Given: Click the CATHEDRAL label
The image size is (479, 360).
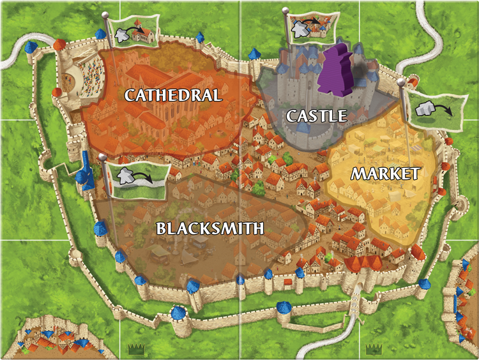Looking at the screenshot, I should pos(173,96).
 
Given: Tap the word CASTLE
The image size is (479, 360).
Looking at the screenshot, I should pos(316,116).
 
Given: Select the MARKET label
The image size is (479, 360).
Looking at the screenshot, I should pos(385,174).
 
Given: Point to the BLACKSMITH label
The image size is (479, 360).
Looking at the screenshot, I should pos(210,228).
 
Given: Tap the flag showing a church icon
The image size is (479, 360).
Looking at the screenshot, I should pos(137,32).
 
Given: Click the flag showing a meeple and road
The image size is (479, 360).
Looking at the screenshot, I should pos(138,179).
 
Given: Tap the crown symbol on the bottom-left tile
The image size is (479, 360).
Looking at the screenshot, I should pos(135,349).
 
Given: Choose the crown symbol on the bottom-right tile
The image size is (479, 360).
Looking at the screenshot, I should pos(373,349).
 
